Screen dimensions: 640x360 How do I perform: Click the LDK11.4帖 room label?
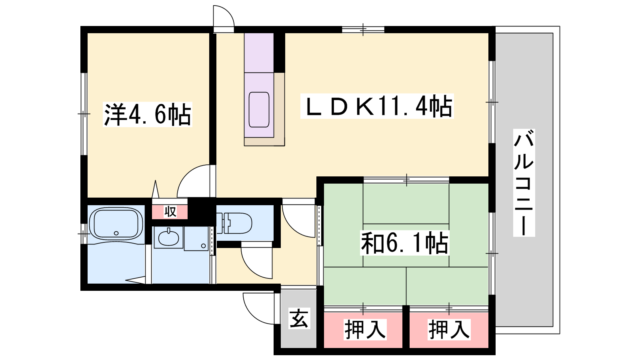pyautogui.click(x=377, y=106)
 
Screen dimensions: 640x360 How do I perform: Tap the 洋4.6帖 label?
pyautogui.click(x=148, y=114)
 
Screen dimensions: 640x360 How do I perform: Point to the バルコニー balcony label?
pyautogui.click(x=524, y=183)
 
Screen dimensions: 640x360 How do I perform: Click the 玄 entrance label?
pyautogui.click(x=299, y=318)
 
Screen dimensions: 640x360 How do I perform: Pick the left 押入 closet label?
pyautogui.click(x=365, y=330)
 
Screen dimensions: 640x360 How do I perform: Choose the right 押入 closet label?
pyautogui.click(x=449, y=330)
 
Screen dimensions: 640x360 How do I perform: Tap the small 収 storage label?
pyautogui.click(x=170, y=212)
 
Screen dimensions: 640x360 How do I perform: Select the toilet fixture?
pyautogui.click(x=234, y=223)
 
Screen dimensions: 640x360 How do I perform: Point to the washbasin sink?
pyautogui.click(x=168, y=237)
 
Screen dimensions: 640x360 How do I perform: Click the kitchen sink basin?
pyautogui.click(x=259, y=110)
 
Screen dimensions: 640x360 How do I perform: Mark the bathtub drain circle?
pyautogui.click(x=116, y=233)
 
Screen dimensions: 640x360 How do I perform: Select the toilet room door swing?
pyautogui.click(x=256, y=260)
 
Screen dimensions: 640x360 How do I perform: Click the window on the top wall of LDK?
pyautogui.click(x=363, y=30)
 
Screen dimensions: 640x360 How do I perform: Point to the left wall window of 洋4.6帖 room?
pyautogui.click(x=84, y=114)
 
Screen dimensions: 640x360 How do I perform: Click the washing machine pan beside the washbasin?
pyautogui.click(x=196, y=238)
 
